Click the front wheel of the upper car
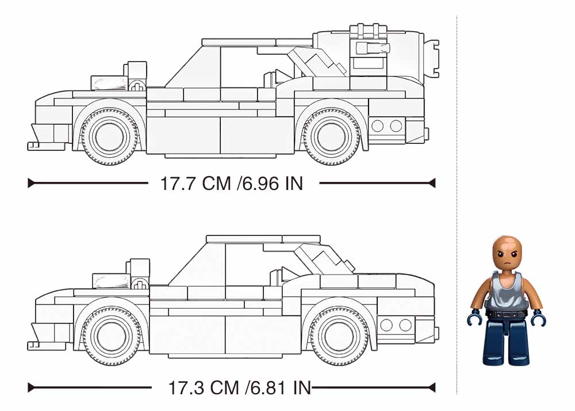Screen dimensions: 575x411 coord(109,136)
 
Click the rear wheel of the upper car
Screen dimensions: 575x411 coord(332,136)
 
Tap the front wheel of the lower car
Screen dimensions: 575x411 coord(112,337)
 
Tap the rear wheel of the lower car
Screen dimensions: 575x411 coord(339,337)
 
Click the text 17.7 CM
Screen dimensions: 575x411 coord(196,183)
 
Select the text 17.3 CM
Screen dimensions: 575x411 coord(204,387)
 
